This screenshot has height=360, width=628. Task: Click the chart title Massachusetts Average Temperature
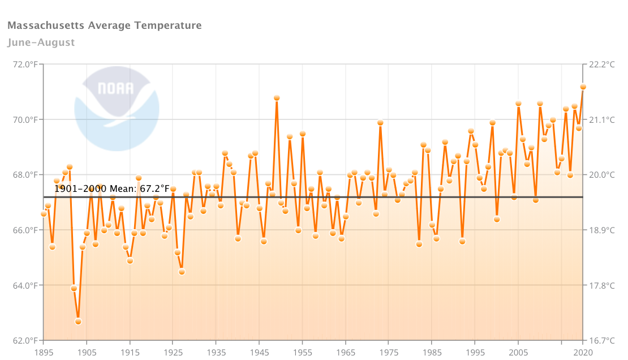point(105,25)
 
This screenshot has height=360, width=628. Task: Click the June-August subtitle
point(41,42)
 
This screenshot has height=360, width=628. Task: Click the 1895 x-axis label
point(44,352)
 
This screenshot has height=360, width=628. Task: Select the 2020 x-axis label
point(583,352)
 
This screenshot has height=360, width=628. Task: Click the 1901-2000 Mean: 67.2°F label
point(112,188)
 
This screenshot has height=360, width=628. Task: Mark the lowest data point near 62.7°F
point(78,322)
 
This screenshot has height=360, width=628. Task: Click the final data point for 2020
point(583,87)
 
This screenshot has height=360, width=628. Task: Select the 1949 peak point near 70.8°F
point(277,98)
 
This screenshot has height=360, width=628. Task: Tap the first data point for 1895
point(44,213)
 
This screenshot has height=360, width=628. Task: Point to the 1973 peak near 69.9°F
point(380,122)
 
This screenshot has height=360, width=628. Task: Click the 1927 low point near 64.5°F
point(182,272)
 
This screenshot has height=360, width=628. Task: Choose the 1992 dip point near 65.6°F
point(462,241)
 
